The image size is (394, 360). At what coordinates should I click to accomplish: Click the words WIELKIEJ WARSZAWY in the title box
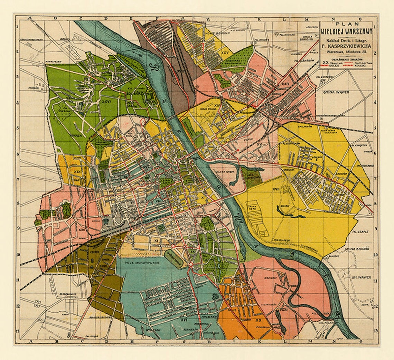coord(346,31)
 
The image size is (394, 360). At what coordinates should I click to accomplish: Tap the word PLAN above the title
coord(346,24)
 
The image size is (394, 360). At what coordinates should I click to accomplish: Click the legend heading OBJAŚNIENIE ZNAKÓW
coord(346,59)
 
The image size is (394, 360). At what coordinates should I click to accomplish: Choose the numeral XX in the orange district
coord(258,320)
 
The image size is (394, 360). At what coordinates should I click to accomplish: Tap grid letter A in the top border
coord(30,18)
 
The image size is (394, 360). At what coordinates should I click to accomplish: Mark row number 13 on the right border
coord(375,330)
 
